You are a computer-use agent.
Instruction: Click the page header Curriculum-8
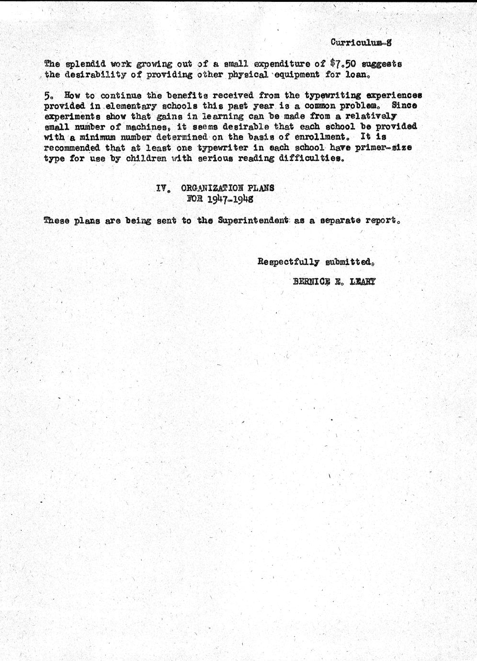point(361,42)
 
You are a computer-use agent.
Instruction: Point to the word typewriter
point(219,148)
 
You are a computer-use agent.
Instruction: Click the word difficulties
point(311,158)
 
